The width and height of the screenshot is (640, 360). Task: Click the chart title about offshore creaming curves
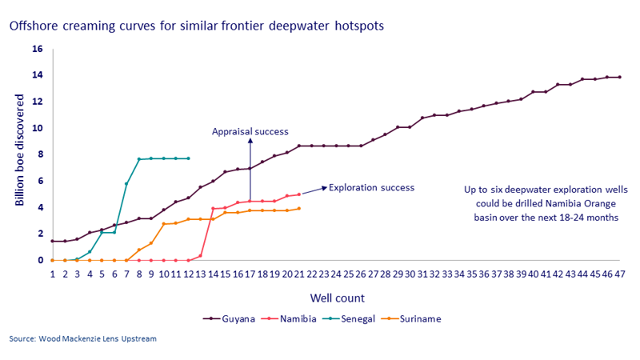point(196,26)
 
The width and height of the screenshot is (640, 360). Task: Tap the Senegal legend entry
point(363,318)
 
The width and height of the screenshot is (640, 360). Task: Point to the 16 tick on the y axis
point(37,49)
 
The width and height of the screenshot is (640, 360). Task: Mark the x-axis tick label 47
point(619,274)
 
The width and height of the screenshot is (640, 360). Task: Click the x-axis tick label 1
point(52,274)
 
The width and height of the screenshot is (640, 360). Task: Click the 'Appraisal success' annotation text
point(250,131)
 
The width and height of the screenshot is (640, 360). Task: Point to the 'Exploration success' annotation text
point(372,188)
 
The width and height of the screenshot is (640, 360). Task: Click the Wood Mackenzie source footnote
point(83,339)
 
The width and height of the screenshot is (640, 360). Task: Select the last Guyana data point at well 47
point(619,78)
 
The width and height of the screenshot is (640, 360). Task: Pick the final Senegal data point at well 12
point(188,158)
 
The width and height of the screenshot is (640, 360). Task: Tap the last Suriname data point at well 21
point(299,209)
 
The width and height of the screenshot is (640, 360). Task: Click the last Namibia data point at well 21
point(299,194)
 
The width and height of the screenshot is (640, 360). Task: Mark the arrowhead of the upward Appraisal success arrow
point(250,140)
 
